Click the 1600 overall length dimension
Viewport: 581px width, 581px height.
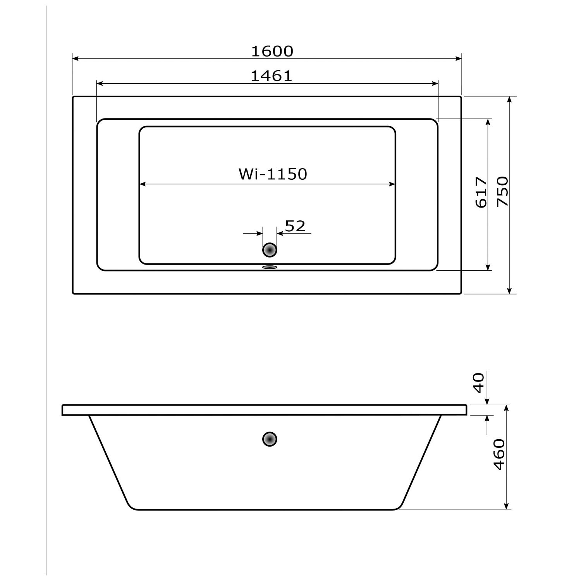click(x=272, y=51)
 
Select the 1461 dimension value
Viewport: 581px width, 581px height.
click(x=272, y=76)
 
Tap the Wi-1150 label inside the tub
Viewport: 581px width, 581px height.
click(x=273, y=174)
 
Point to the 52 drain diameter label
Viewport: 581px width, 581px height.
click(x=295, y=226)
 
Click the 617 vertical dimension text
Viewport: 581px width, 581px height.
click(x=481, y=193)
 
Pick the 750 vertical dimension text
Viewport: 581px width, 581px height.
click(x=502, y=191)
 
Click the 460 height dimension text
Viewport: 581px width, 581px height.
click(x=499, y=455)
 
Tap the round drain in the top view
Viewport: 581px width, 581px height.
click(x=270, y=250)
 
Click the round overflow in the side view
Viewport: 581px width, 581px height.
click(x=270, y=439)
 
